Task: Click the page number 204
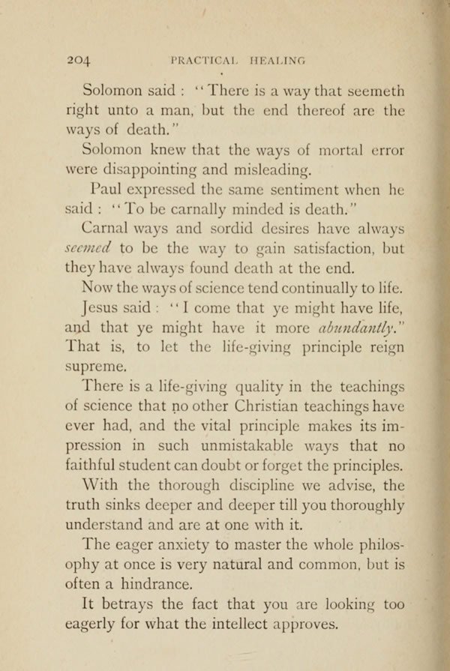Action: click(x=79, y=63)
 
